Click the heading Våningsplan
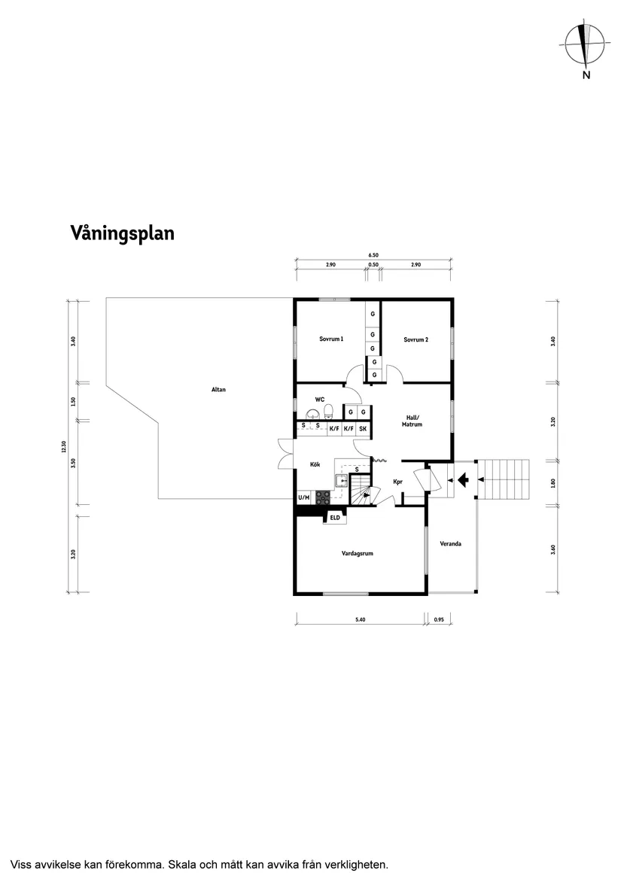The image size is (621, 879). click(x=122, y=233)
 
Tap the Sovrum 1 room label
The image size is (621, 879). click(x=331, y=339)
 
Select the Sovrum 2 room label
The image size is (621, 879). click(x=416, y=339)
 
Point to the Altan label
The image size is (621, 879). click(x=218, y=390)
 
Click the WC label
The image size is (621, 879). click(x=320, y=399)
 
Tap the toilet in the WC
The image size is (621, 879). click(x=328, y=411)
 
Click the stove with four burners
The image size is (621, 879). click(x=323, y=497)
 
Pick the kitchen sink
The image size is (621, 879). click(x=342, y=480)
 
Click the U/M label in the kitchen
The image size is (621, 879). click(x=304, y=497)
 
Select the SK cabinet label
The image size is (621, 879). click(x=363, y=429)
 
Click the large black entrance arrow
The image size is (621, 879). click(x=461, y=478)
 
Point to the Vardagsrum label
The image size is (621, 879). click(x=358, y=553)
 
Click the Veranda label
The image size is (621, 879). click(x=450, y=543)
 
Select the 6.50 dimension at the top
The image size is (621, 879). click(x=373, y=255)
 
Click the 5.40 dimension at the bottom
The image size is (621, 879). click(x=361, y=620)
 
